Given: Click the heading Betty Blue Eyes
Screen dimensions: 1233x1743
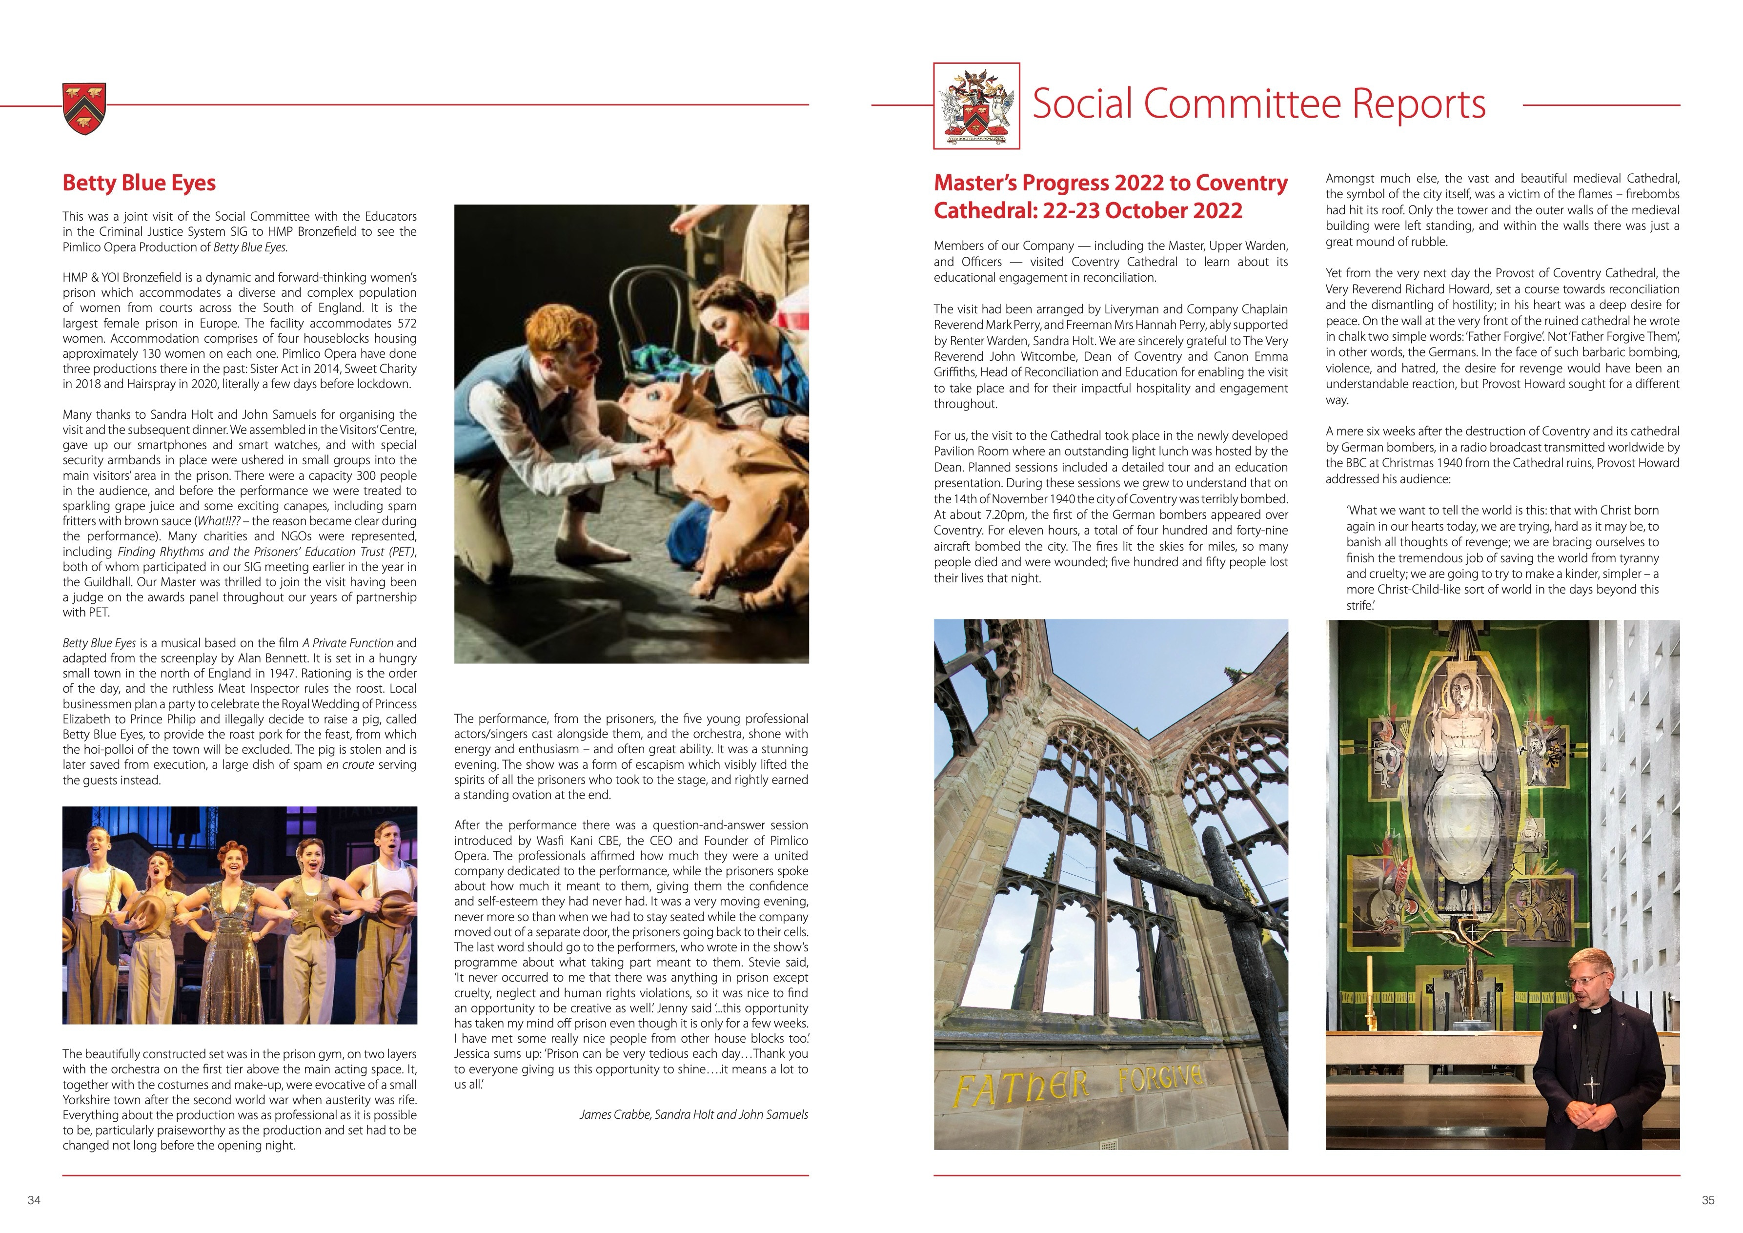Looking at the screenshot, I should [x=139, y=183].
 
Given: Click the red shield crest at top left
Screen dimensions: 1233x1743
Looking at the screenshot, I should [x=84, y=108].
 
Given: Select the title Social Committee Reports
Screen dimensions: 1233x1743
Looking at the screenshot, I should [x=1258, y=104].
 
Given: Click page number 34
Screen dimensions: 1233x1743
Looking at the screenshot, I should [x=33, y=1200].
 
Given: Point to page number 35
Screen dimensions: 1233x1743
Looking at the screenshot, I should [x=1708, y=1200].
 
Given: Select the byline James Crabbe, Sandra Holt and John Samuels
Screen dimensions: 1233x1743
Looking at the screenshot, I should [x=693, y=1114].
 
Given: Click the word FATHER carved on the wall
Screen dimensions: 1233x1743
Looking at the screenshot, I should [x=1021, y=1089].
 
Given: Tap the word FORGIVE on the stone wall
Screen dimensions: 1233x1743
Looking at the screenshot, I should [x=1160, y=1077].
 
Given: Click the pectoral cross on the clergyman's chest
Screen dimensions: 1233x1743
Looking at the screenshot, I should [x=1591, y=1085].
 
